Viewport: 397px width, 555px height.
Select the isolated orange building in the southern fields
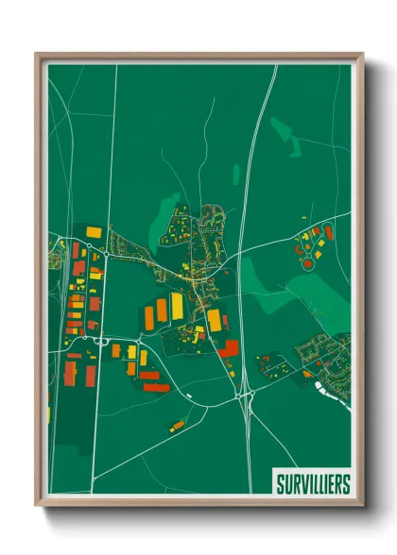click(177, 427)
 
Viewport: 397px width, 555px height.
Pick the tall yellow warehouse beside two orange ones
click(177, 306)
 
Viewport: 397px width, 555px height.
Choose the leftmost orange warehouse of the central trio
click(149, 317)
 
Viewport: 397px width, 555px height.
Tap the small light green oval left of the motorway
click(235, 174)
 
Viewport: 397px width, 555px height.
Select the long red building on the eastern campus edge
click(329, 232)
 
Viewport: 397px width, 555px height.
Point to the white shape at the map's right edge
click(341, 396)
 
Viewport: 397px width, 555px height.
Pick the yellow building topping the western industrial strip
click(93, 230)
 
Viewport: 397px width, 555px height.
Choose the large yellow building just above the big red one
click(215, 320)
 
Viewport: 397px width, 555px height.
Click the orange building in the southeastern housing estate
click(307, 374)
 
